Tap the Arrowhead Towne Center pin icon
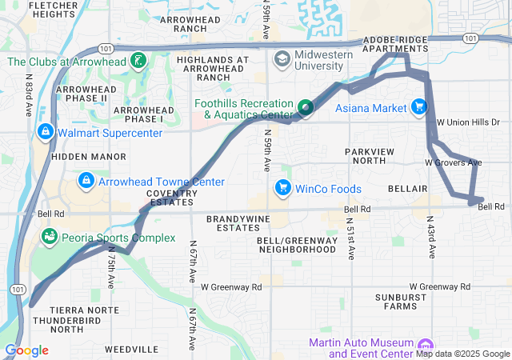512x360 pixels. click(x=86, y=182)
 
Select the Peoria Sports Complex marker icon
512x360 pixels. click(x=50, y=238)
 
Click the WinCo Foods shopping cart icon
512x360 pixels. click(x=282, y=189)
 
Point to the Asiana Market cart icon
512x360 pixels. click(x=418, y=107)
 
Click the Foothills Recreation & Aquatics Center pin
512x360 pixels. click(x=305, y=107)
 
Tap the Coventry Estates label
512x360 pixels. click(x=172, y=197)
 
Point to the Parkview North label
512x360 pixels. click(x=377, y=156)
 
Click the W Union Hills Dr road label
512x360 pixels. click(x=468, y=122)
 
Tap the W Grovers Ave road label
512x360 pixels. click(x=453, y=162)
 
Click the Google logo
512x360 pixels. click(x=26, y=350)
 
